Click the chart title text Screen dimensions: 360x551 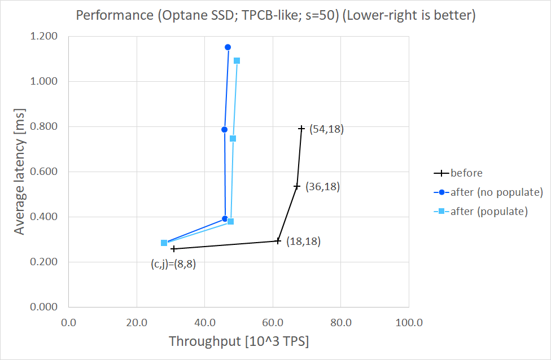point(275,16)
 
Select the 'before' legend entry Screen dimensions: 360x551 point(466,173)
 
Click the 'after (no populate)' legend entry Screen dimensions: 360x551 point(496,192)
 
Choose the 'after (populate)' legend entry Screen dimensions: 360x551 point(489,212)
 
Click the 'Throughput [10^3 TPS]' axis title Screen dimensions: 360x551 point(238,342)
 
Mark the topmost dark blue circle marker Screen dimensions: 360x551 point(228,47)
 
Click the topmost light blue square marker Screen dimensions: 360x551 point(237,60)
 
